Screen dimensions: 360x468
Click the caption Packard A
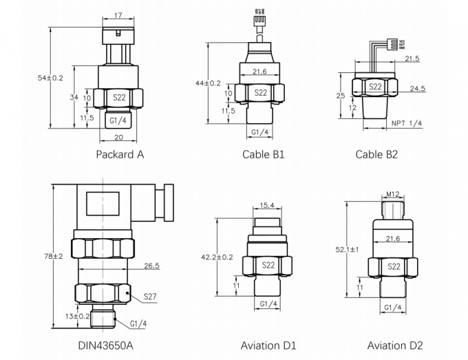click(120, 154)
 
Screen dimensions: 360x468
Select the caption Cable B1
click(263, 154)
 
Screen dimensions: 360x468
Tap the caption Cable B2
click(376, 154)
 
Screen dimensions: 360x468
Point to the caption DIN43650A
click(105, 345)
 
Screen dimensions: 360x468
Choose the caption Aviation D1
click(268, 345)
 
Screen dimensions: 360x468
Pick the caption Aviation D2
click(395, 345)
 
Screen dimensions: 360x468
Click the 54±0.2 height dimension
click(50, 78)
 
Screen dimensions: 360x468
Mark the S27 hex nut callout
click(150, 297)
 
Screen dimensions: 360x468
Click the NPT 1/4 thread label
click(406, 123)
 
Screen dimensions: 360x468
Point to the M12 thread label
click(393, 195)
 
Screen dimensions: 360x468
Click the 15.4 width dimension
click(268, 204)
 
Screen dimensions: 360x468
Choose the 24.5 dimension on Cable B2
click(418, 89)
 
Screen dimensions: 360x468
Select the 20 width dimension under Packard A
click(119, 137)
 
